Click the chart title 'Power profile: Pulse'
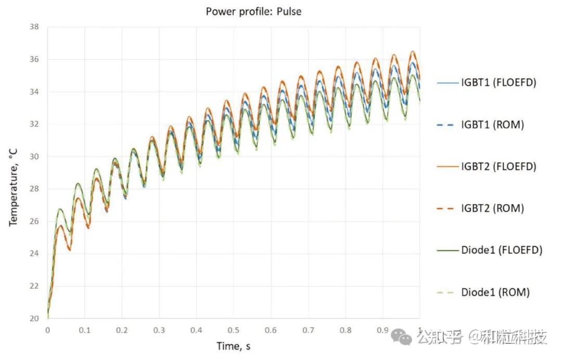click(253, 11)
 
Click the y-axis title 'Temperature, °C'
click(13, 187)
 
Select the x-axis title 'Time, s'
click(233, 346)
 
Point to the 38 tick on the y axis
click(34, 27)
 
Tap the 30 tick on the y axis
click(34, 157)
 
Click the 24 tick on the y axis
click(34, 253)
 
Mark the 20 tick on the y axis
click(34, 318)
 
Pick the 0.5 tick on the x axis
click(233, 330)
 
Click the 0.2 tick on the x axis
click(122, 330)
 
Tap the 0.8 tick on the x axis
click(345, 330)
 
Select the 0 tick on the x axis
click(48, 330)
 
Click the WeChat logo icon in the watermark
click(401, 337)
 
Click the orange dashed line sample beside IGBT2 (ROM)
click(445, 209)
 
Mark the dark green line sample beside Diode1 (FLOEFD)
click(448, 250)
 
